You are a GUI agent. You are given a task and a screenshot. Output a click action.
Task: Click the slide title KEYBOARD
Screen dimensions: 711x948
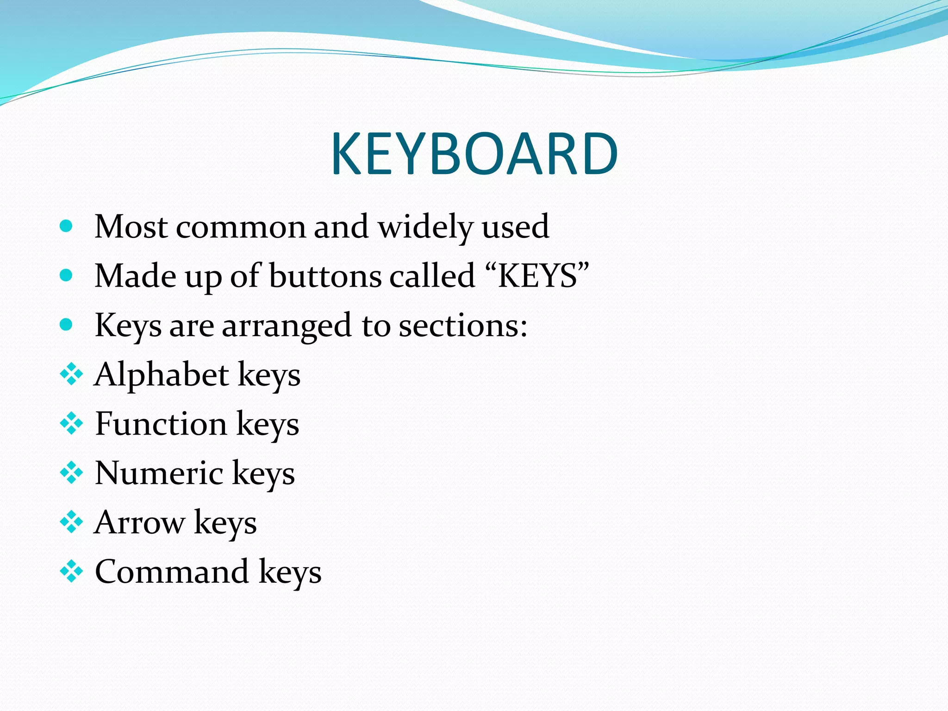click(474, 154)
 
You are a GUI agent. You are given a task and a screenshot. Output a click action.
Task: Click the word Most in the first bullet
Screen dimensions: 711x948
click(131, 227)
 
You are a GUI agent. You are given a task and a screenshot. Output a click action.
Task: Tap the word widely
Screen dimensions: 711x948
click(425, 227)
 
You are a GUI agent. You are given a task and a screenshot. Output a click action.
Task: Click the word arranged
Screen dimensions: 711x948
click(287, 325)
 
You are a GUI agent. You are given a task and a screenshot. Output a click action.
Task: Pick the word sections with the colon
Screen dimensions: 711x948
click(463, 325)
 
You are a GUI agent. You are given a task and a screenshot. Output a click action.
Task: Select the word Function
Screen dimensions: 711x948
click(161, 424)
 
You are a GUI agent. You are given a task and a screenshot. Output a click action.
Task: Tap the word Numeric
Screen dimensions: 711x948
click(159, 473)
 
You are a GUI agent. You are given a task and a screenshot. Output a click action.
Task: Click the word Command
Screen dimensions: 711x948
click(172, 572)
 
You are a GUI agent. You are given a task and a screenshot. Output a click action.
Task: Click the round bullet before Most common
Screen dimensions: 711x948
click(67, 226)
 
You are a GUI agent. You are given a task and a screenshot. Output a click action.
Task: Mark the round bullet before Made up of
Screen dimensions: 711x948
click(67, 275)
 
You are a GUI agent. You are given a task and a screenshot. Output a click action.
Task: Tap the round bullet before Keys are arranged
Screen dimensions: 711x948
click(67, 324)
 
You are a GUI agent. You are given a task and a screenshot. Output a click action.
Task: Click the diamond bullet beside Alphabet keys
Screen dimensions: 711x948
click(71, 374)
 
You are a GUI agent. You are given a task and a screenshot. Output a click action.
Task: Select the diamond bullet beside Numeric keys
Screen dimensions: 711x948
click(71, 473)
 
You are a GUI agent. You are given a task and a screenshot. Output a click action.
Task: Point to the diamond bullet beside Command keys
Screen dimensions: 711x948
click(71, 571)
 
